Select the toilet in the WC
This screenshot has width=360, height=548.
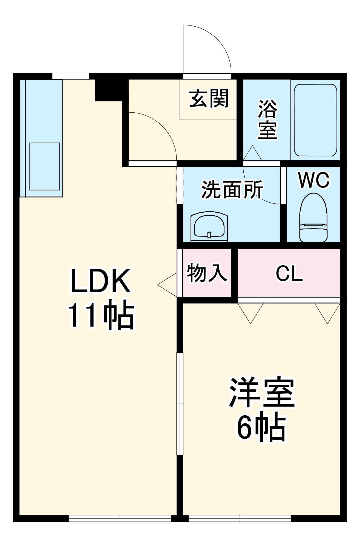(313, 218)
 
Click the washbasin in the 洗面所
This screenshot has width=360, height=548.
(209, 226)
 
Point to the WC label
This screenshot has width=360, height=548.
(314, 180)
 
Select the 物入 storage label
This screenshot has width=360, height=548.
(207, 273)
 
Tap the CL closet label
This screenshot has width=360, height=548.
(289, 273)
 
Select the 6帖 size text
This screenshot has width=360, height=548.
(261, 428)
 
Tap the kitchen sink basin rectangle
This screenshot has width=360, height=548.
(44, 166)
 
